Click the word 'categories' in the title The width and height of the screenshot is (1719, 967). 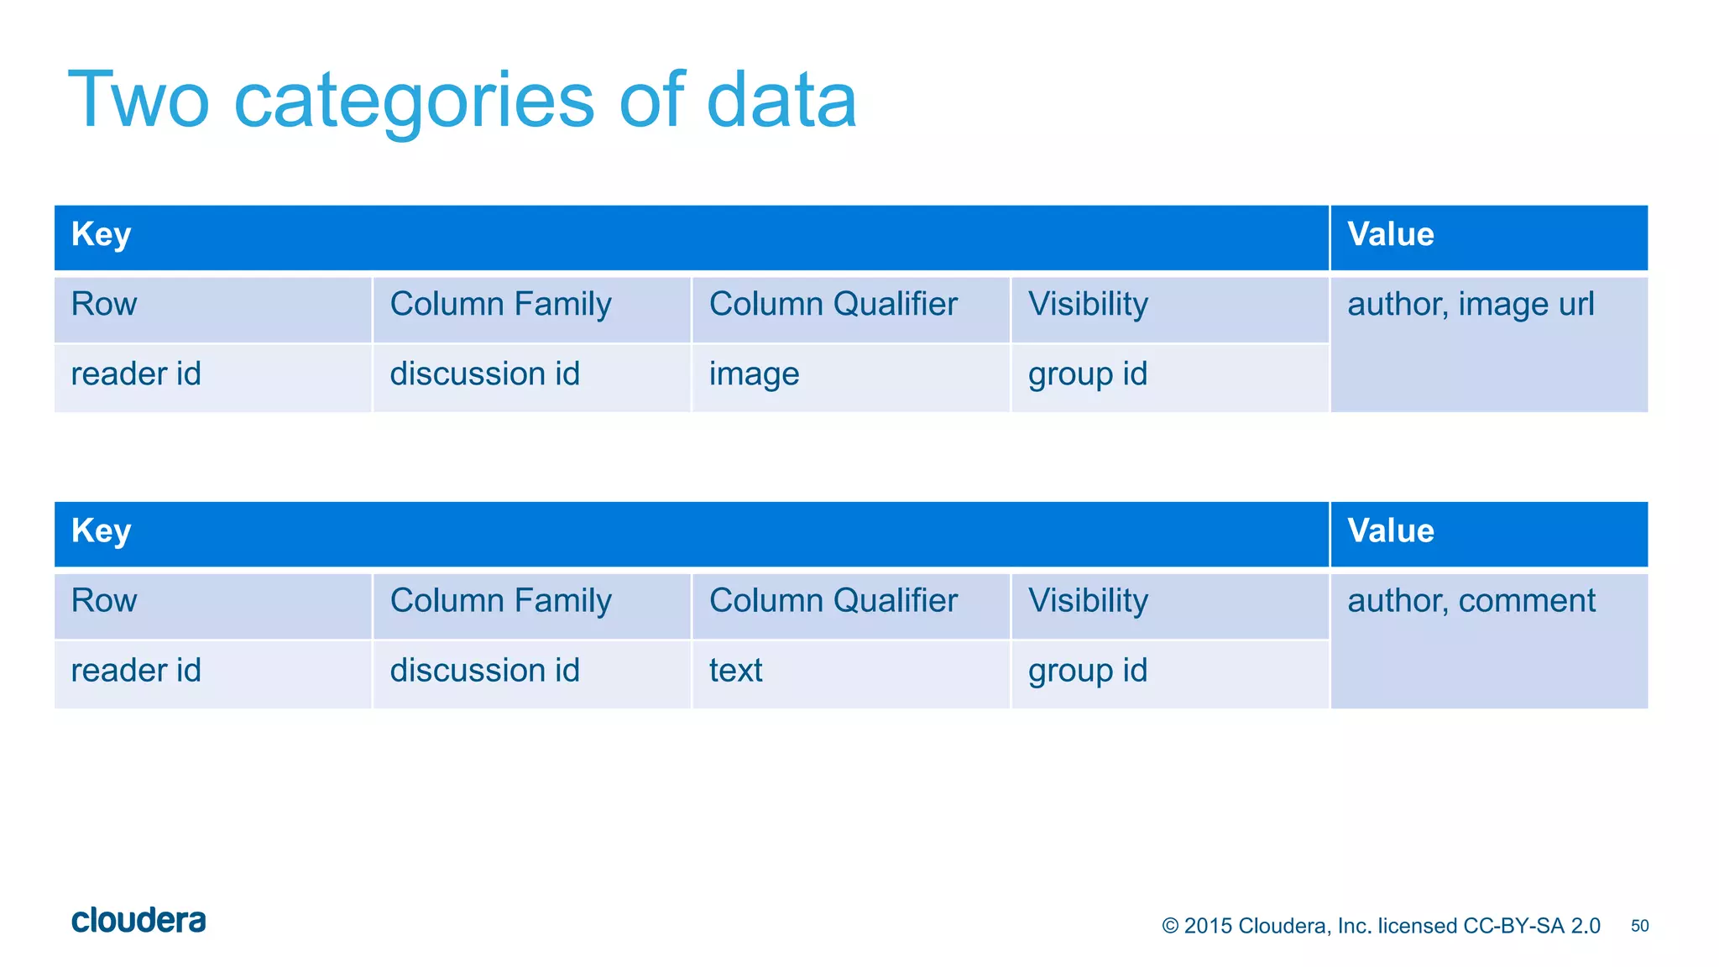413,101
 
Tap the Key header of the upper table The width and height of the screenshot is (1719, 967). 101,234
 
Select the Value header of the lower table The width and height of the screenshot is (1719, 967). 1390,531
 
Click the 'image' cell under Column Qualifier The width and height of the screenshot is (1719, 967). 754,374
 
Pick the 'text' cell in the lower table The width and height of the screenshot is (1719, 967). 735,671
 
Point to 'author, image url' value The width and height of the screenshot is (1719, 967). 1471,305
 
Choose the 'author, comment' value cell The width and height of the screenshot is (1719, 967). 1471,601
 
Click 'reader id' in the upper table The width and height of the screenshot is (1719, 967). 136,374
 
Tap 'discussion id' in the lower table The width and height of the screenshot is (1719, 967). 484,671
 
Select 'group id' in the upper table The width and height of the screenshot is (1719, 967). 1087,374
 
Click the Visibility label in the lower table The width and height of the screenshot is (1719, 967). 1088,601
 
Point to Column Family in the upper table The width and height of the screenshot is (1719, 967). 500,305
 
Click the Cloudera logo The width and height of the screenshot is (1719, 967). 138,921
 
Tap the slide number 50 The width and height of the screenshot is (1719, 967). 1639,926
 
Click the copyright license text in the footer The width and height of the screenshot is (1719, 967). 1381,926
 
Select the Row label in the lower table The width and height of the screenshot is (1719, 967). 104,601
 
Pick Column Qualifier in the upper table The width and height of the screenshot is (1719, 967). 833,305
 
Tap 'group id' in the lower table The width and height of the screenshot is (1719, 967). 1087,671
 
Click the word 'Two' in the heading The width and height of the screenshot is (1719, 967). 138,101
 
